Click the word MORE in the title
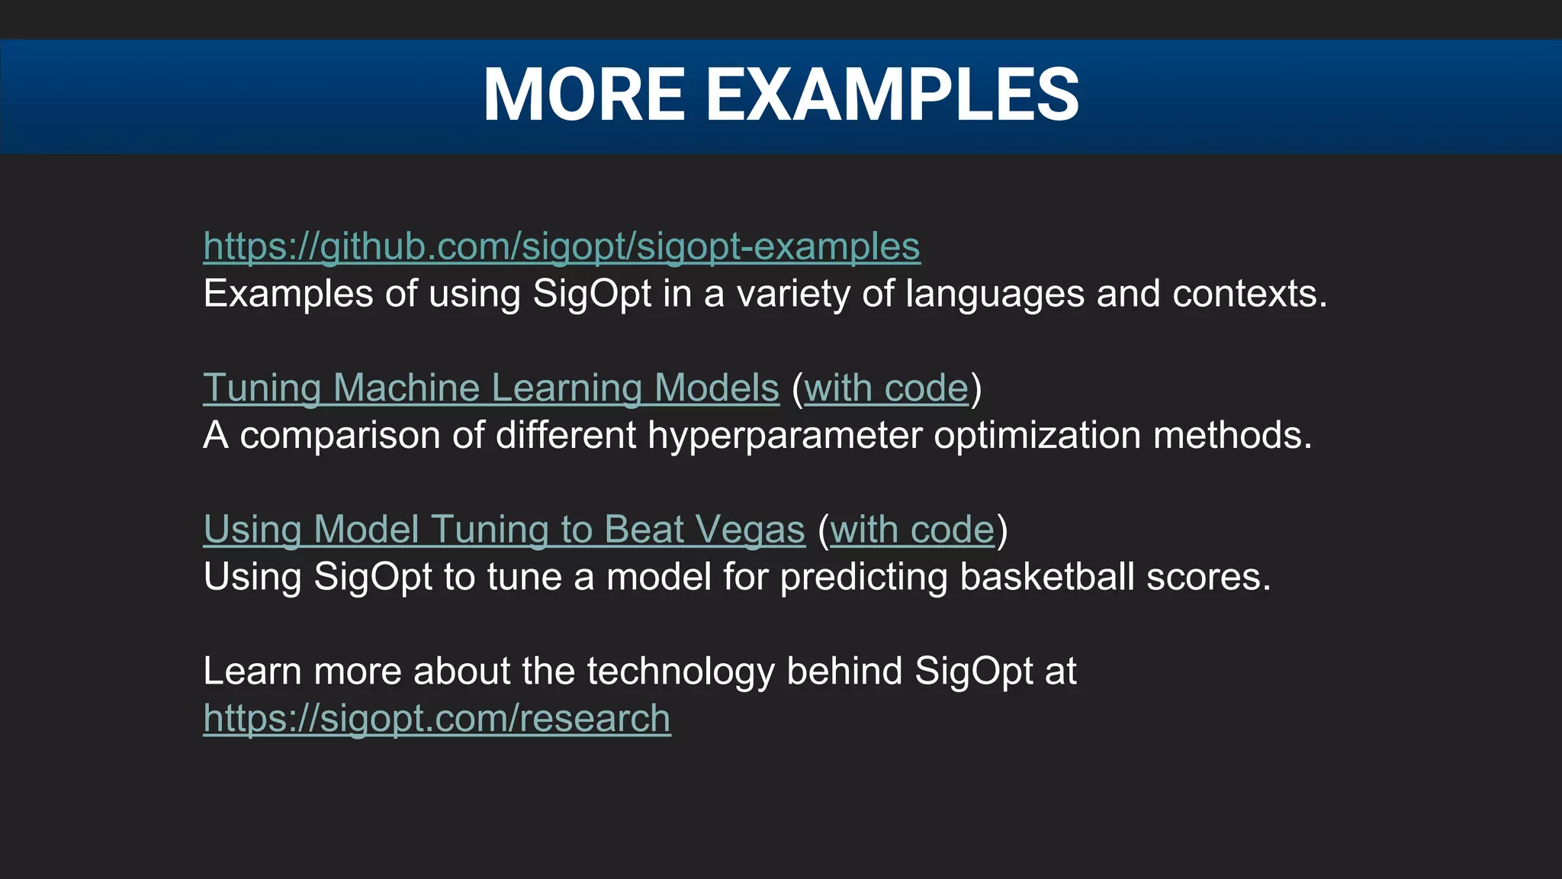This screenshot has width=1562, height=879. point(584,95)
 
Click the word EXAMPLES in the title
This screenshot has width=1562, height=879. point(892,95)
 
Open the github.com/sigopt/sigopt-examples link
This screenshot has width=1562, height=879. point(561,246)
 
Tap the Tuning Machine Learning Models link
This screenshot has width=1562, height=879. point(490,388)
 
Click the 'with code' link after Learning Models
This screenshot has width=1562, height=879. point(885,388)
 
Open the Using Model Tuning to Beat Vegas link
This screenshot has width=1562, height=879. point(503,530)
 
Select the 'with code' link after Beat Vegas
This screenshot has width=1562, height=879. point(911,530)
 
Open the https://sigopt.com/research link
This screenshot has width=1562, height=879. point(436,719)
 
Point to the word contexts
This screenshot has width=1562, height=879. point(1248,294)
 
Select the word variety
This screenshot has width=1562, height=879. point(792,294)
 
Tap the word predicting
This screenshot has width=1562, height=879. point(863,577)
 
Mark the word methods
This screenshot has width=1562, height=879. point(1231,436)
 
